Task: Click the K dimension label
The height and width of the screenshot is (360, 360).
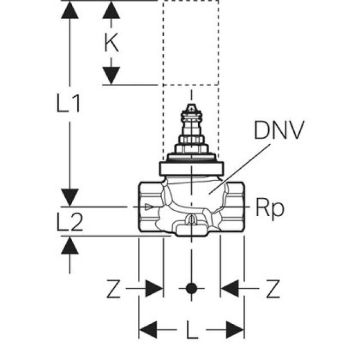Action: (x=112, y=43)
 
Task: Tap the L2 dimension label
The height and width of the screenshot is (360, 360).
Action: (x=70, y=223)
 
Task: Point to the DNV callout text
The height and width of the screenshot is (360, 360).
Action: (x=278, y=131)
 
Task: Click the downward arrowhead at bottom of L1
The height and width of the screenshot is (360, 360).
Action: (x=70, y=197)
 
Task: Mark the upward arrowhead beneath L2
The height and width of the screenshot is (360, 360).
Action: (x=70, y=245)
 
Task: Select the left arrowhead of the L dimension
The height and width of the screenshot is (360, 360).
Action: (x=148, y=328)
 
